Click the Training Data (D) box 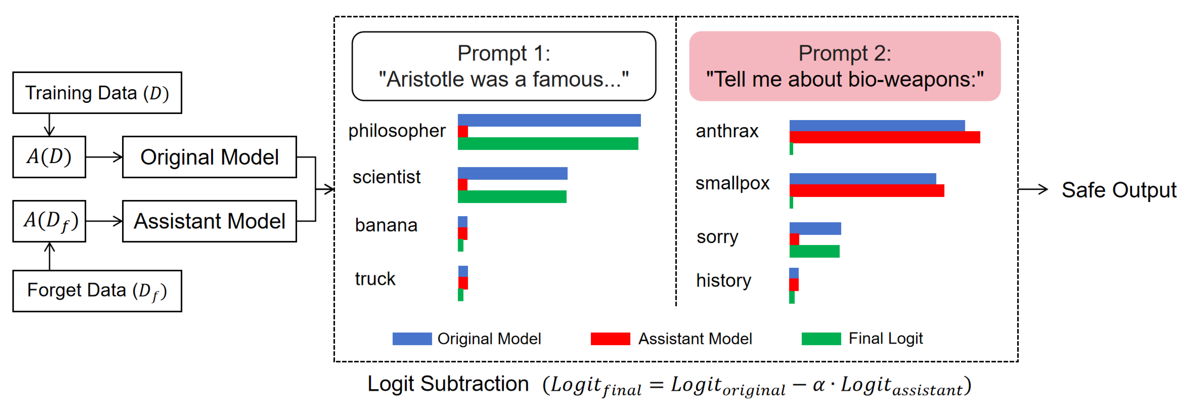point(97,93)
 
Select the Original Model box point(210,157)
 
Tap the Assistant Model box point(210,221)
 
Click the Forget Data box point(97,291)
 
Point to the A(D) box point(49,157)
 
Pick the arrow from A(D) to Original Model point(104,157)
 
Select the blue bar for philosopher point(549,120)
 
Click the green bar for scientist point(512,197)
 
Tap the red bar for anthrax point(884,137)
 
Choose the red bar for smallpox point(866,190)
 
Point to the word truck point(375,279)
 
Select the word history point(723,280)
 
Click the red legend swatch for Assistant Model point(610,339)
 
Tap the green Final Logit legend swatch point(821,339)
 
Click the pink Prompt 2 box point(845,66)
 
